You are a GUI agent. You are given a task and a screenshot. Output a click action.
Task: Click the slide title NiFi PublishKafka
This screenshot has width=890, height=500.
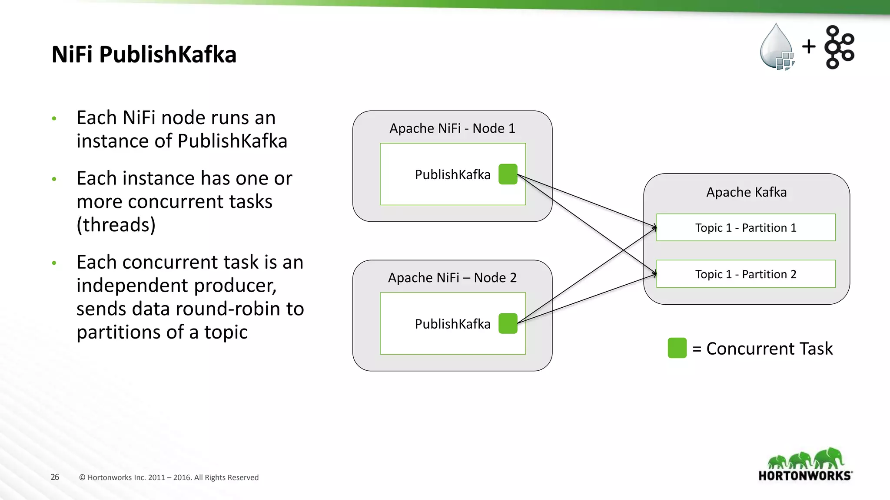144,55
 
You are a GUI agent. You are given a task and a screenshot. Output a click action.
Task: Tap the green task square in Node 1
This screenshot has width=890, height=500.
508,174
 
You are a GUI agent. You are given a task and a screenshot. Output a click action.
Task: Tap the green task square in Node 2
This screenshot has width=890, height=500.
508,323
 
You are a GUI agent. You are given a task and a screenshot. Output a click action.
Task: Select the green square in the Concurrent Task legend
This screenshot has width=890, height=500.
677,348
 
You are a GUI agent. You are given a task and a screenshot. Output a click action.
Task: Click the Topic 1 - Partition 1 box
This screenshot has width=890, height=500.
746,227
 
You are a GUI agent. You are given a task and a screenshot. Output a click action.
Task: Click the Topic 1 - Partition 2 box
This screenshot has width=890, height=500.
746,274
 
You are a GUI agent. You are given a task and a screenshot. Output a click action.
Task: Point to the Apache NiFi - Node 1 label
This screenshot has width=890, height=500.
452,128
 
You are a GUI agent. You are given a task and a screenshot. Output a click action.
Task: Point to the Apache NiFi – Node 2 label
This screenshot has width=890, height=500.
452,278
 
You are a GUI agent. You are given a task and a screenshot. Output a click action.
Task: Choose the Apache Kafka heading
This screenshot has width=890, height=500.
746,192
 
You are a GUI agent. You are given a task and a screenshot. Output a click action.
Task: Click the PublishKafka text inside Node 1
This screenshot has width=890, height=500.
452,174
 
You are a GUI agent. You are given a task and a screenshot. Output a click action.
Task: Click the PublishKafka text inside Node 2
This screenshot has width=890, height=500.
452,324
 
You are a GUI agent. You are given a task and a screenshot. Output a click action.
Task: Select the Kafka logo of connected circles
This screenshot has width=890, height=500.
839,47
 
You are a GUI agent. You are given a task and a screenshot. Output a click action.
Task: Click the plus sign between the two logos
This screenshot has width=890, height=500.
809,46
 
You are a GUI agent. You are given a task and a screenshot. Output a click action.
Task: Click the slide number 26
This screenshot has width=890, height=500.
55,477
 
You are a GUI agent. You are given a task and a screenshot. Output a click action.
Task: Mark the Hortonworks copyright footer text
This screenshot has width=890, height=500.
169,477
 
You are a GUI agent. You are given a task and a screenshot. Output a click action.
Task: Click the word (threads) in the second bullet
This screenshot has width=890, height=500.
116,225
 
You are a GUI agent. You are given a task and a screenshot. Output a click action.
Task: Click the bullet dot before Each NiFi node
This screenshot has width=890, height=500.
54,118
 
